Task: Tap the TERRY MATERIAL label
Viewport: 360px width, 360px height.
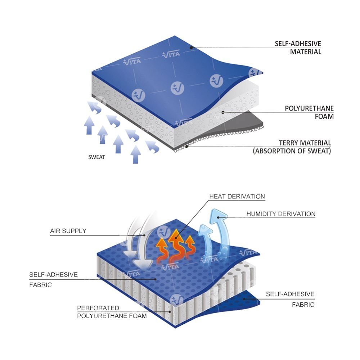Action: pos(305,143)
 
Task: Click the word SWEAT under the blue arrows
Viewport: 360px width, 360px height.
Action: pos(97,157)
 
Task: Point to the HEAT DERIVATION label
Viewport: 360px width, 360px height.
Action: pos(237,197)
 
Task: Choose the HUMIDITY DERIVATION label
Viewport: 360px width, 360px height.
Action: pos(281,214)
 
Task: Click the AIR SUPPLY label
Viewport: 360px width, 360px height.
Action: pos(68,231)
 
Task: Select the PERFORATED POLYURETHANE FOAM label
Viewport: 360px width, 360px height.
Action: pos(112,312)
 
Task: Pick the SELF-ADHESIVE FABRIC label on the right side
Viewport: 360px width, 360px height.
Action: pos(290,299)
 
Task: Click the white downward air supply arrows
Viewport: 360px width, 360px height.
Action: pos(139,245)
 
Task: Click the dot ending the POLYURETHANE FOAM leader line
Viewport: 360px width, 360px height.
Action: pos(223,112)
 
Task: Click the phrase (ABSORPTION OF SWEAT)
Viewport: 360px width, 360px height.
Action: pos(292,151)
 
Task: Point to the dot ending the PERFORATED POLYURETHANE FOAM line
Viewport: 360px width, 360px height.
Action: pos(170,312)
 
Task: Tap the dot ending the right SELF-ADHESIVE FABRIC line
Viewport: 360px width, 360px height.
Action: pos(244,298)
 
